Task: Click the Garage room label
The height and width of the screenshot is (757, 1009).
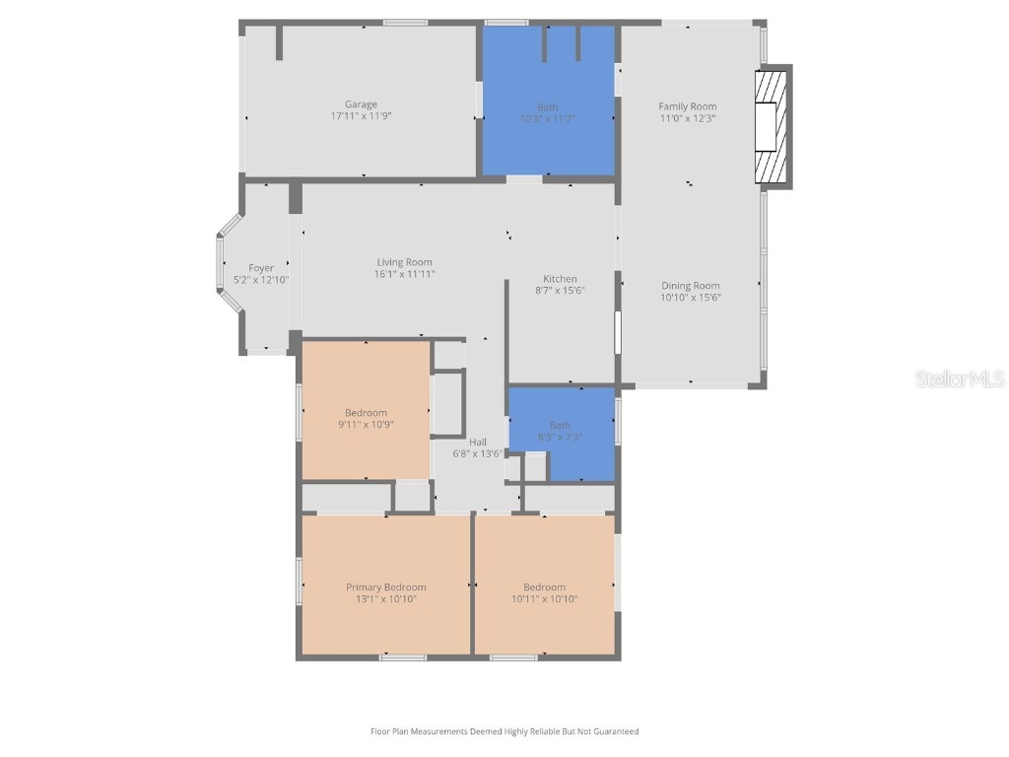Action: coord(361,104)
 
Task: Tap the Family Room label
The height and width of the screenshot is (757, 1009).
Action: coord(688,106)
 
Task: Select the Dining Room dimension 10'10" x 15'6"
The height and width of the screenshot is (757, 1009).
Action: coord(691,297)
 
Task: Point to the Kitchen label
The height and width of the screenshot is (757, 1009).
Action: coord(560,279)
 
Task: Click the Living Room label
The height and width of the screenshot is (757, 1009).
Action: coord(404,262)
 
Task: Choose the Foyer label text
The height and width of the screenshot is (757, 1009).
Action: coord(261,268)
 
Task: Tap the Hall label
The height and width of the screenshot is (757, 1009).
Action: coord(478,443)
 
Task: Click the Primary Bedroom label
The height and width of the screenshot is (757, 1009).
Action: coord(385,587)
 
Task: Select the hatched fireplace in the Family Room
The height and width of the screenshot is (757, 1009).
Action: coord(772,125)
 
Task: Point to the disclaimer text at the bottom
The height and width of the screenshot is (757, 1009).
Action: coord(504,731)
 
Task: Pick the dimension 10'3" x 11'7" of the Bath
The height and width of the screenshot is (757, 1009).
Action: coord(548,118)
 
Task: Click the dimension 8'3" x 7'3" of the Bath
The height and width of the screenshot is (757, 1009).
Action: coord(560,437)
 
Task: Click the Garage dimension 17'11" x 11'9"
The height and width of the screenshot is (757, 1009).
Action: coord(361,116)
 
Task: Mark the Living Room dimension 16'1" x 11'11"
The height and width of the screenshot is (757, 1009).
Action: coord(404,274)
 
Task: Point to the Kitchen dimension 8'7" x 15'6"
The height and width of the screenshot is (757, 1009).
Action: coord(560,291)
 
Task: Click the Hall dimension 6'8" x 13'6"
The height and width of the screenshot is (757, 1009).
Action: coord(478,454)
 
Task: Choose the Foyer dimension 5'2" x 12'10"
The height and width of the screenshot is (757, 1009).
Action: coord(261,280)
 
